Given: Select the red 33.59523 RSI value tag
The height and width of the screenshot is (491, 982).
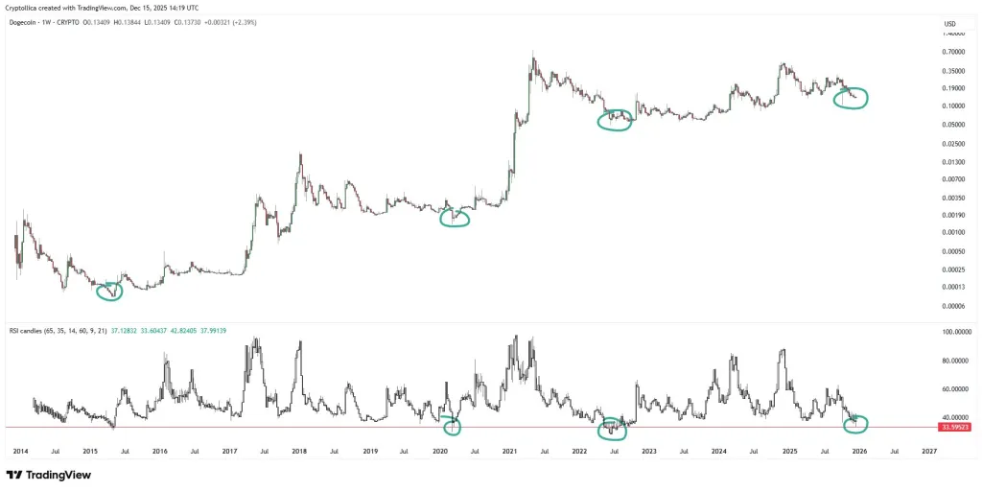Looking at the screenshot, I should [955, 428].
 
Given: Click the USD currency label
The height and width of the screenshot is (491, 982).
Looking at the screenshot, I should [950, 24].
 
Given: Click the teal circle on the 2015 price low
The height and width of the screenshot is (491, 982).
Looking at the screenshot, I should [110, 291].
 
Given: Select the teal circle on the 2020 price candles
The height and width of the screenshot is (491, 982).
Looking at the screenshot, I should [455, 218].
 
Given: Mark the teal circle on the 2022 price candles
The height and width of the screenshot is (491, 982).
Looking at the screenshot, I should [615, 120].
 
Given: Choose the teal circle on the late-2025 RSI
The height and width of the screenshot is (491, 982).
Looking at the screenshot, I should [853, 422].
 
